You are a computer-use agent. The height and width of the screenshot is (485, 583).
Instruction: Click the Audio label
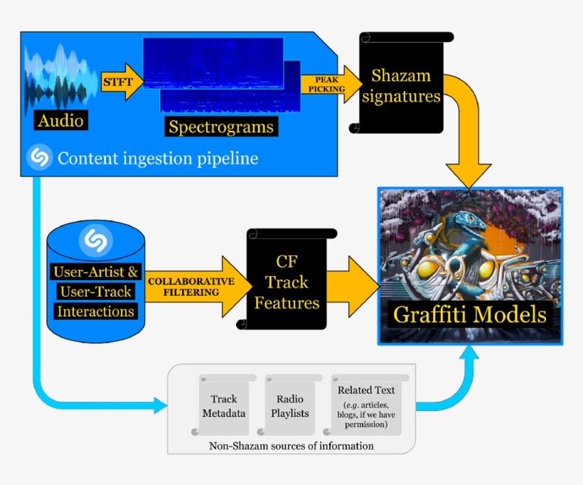(x=60, y=120)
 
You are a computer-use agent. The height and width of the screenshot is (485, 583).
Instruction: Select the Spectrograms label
(x=220, y=127)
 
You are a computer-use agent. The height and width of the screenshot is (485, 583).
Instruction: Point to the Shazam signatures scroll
(x=401, y=85)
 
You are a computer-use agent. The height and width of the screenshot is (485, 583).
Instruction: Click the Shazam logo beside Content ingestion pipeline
(x=40, y=157)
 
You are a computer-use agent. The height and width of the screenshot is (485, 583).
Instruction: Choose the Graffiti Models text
(x=470, y=313)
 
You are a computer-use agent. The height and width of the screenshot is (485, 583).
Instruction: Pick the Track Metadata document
(x=224, y=405)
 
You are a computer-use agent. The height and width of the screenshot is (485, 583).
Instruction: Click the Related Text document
(x=366, y=405)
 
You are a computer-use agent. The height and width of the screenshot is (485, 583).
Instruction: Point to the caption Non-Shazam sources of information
(x=291, y=446)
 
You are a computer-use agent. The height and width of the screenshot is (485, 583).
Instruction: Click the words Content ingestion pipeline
(x=158, y=158)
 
